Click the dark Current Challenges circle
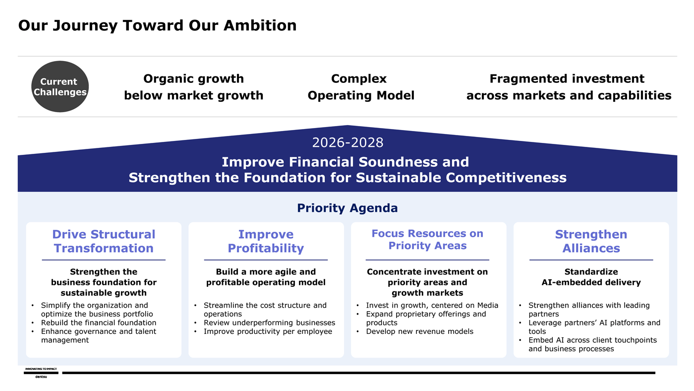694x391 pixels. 60,86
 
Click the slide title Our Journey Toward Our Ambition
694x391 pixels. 158,25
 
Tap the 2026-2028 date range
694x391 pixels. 347,142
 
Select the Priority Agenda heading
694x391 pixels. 347,208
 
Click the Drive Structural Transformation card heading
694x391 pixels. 104,241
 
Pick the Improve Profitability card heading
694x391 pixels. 266,241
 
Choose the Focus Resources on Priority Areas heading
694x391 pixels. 427,239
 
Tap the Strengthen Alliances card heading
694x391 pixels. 591,241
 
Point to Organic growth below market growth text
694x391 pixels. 194,87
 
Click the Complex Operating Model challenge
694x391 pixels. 361,87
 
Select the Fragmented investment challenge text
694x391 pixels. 569,87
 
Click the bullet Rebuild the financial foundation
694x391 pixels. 99,323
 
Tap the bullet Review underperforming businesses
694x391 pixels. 269,323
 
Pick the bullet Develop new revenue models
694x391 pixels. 419,331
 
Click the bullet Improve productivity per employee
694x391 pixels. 268,331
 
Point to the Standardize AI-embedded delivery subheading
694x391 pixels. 591,277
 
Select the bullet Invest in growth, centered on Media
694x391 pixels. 432,306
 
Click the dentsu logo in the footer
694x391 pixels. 41,373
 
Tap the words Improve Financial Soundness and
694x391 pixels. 345,162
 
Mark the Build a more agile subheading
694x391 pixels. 266,277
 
